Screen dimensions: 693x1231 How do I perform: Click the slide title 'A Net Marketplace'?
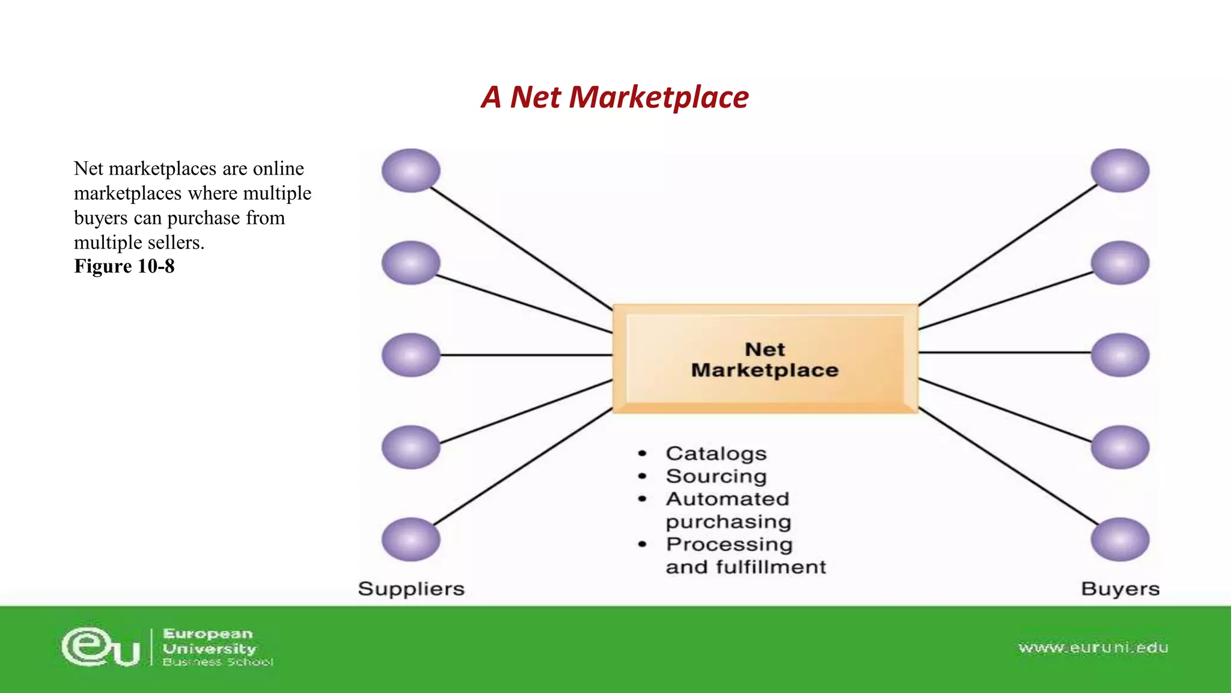click(614, 97)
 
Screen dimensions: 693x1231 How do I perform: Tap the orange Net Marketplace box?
click(765, 359)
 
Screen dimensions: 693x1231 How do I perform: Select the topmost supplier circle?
click(411, 171)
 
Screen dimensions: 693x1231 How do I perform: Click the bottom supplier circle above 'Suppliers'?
click(411, 540)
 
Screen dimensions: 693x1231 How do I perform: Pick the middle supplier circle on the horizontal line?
click(411, 355)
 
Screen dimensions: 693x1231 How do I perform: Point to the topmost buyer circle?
click(1120, 171)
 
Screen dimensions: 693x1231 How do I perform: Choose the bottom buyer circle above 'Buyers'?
click(1120, 540)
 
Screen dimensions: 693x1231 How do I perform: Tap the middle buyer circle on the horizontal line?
click(1120, 355)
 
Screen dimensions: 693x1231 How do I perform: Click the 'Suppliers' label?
click(411, 589)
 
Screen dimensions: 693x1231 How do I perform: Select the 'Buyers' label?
click(1120, 589)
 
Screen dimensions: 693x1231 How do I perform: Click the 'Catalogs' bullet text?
click(716, 454)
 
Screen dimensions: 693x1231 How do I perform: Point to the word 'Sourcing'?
click(716, 476)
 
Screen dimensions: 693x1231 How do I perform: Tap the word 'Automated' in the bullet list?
click(727, 499)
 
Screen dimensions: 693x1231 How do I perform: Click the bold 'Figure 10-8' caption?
click(124, 266)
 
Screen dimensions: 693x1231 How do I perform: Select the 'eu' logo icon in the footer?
click(101, 647)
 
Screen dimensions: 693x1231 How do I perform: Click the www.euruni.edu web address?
click(1093, 648)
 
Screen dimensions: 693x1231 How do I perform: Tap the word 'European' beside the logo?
click(208, 634)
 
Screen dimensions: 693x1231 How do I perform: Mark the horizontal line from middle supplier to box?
click(526, 355)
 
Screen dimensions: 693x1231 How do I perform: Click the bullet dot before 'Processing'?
click(643, 544)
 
